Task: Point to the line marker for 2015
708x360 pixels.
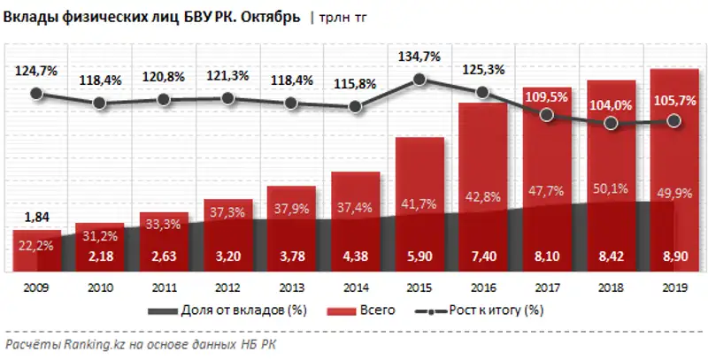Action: point(419,80)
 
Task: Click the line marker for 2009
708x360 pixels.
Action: point(36,93)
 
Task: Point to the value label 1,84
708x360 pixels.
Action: point(36,218)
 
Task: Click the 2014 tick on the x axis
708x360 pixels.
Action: point(355,287)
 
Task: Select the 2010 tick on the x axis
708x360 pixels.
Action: point(100,287)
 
